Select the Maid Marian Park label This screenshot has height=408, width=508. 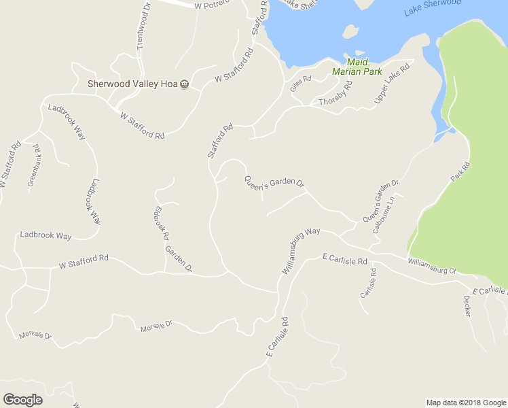point(357,67)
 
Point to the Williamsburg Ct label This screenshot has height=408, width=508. point(432,266)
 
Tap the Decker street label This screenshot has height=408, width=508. point(467,305)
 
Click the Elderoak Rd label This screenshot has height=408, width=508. point(162,223)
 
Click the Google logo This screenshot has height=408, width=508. point(23,400)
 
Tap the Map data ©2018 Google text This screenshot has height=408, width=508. point(465,403)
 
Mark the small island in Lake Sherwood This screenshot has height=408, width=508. point(350,31)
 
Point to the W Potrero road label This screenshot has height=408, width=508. point(212,5)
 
